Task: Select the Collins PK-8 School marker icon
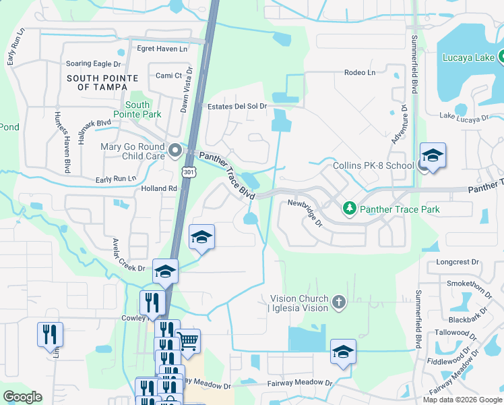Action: [432, 155]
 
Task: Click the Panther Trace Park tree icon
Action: [350, 209]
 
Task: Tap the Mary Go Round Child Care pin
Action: [175, 150]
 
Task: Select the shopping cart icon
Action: [188, 341]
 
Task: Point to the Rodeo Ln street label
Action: [359, 72]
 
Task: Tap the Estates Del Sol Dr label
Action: [237, 106]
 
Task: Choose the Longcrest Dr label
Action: [457, 261]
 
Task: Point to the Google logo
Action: [22, 397]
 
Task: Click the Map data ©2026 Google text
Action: [462, 400]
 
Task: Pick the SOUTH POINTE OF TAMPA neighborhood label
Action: [97, 82]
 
